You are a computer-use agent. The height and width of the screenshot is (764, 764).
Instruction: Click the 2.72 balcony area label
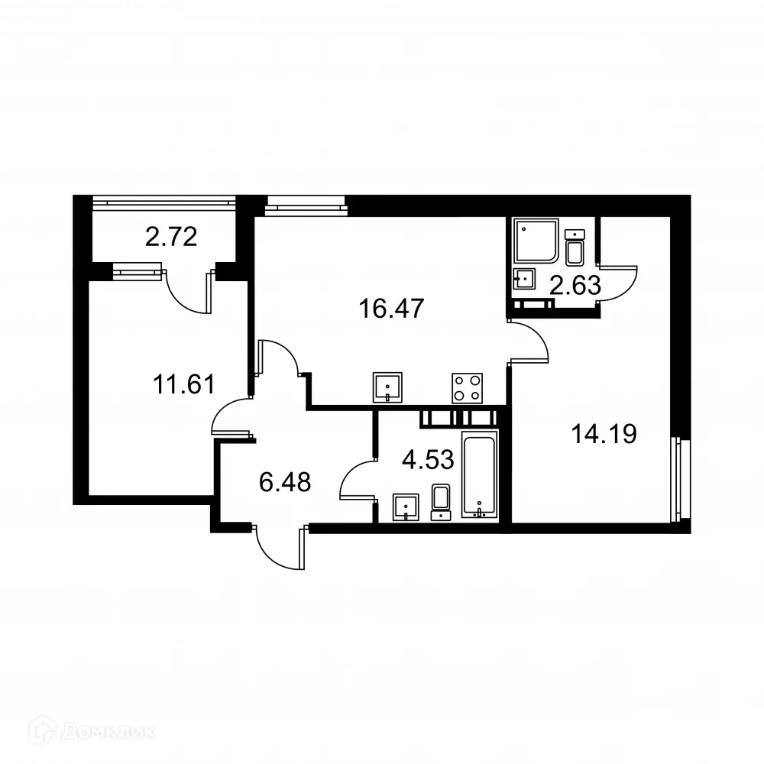(171, 237)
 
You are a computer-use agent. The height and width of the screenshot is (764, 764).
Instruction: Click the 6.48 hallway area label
(285, 482)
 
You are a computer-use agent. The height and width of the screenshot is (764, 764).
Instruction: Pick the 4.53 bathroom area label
(428, 459)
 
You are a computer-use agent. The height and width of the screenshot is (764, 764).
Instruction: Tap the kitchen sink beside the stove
(389, 387)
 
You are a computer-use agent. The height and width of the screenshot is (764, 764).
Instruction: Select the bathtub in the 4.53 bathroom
(480, 474)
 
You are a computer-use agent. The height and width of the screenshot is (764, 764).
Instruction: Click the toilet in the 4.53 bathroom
(442, 500)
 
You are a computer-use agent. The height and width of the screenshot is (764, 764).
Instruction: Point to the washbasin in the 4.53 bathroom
(406, 506)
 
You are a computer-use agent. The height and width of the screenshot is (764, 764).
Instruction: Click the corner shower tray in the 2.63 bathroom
(536, 241)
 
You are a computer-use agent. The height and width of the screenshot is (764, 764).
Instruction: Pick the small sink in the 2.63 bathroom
(526, 279)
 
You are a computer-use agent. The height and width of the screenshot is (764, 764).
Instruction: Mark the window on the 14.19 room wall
(675, 480)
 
